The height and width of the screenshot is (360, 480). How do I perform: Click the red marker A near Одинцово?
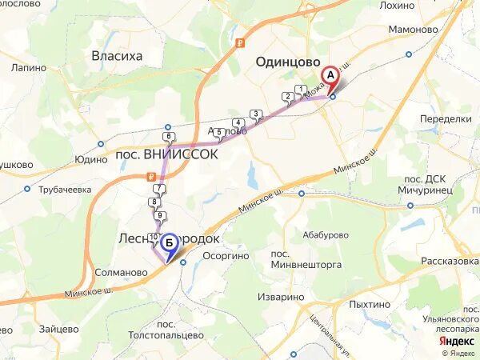point(330,77)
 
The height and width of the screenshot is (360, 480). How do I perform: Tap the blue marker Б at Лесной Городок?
point(169,242)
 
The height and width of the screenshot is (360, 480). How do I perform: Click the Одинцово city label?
point(287,62)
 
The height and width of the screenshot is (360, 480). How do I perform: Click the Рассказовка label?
point(449,261)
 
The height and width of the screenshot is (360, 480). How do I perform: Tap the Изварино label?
point(281,297)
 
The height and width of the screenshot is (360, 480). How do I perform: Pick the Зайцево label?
point(56,328)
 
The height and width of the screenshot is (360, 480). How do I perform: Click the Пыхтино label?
point(370,305)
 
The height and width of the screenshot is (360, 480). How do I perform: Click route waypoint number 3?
point(255,114)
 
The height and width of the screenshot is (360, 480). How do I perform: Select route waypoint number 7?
point(159,189)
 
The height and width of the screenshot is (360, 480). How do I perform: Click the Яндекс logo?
point(457,339)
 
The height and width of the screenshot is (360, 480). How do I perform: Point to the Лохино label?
point(398,5)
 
